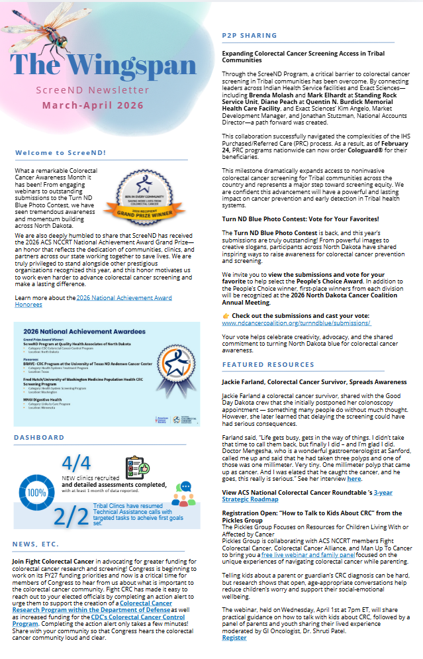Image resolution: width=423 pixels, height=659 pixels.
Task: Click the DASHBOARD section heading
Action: [x=39, y=438]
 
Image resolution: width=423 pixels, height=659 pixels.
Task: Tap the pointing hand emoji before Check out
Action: [x=226, y=316]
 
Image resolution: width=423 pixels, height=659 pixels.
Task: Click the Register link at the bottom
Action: [x=234, y=637]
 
